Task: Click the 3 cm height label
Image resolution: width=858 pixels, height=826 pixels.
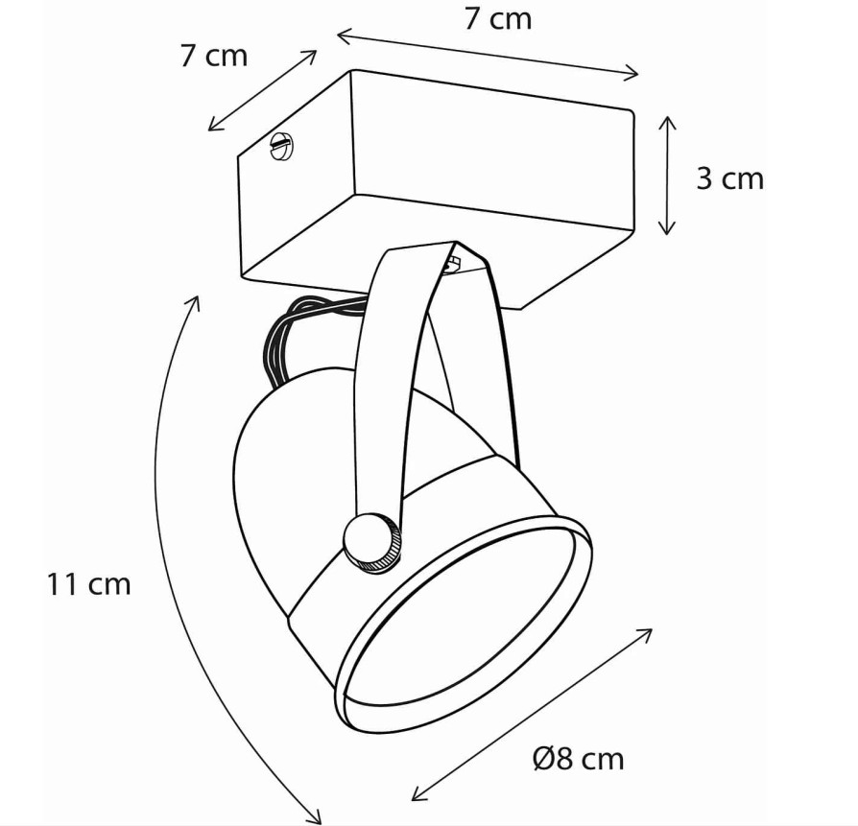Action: click(730, 178)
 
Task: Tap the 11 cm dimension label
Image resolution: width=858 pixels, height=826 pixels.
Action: click(88, 583)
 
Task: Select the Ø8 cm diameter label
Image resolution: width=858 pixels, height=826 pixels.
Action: click(578, 759)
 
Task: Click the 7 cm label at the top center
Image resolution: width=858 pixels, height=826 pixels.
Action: click(498, 18)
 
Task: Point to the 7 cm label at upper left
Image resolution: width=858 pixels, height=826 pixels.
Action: click(214, 56)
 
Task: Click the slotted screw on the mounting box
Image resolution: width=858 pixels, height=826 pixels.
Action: click(282, 146)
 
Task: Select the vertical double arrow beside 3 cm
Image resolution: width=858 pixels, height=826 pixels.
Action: click(666, 175)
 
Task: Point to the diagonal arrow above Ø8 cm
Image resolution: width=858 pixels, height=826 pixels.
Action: click(532, 715)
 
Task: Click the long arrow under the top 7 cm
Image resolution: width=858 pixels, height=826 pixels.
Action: click(487, 56)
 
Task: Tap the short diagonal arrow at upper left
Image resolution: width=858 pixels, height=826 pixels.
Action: click(263, 90)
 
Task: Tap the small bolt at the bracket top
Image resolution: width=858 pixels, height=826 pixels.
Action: click(452, 264)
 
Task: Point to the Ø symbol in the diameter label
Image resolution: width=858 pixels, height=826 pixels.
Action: click(543, 759)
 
